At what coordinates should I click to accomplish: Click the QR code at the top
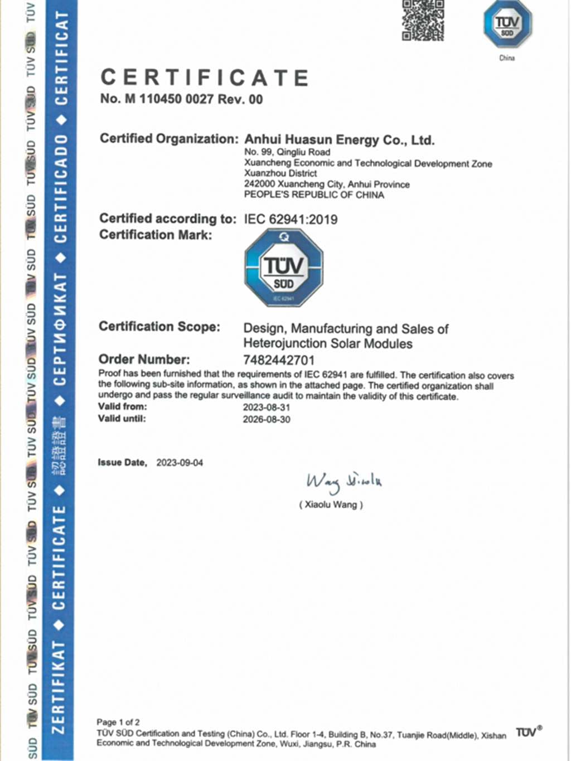pos(423,21)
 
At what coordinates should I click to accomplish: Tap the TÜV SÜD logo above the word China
pos(507,25)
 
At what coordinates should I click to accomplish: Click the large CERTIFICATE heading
pos(205,77)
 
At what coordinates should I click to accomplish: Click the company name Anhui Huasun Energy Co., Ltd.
pos(339,139)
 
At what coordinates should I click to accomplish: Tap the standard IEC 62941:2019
pos(291,219)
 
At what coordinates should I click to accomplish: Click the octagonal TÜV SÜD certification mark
pos(284,268)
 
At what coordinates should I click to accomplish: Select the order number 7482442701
pos(279,360)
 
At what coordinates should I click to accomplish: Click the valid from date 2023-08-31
pos(266,407)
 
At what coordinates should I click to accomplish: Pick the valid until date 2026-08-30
pos(266,419)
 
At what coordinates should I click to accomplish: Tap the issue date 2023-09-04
pos(180,463)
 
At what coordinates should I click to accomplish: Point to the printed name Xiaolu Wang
pos(331,505)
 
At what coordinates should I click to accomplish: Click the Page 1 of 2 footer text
pos(118,722)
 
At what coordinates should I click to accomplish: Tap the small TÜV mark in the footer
pos(528,732)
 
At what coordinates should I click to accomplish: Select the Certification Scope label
pos(159,327)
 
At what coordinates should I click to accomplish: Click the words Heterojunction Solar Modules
pos(328,343)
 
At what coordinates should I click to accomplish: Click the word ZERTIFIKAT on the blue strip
pos(59,687)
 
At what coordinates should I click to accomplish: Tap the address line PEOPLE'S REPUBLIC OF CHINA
pos(314,195)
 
